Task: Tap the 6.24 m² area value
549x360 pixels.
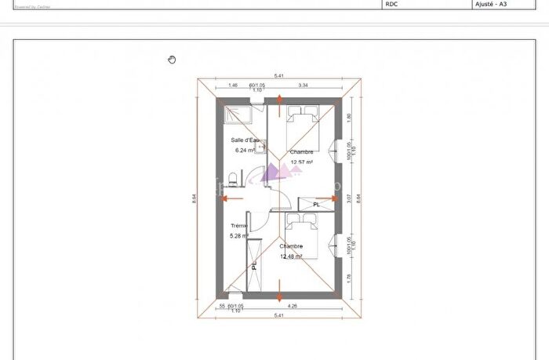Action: coord(243,151)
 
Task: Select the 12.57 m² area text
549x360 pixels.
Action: coord(302,162)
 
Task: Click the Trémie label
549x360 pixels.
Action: coord(239,226)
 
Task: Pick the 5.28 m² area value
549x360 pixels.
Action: coord(239,235)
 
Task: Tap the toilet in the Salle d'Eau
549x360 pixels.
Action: coord(234,176)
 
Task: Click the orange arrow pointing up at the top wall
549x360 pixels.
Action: coord(281,100)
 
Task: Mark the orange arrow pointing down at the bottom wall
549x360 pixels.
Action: coord(281,296)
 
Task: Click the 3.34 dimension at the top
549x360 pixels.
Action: coord(303,84)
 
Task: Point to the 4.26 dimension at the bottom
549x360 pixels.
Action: coord(292,306)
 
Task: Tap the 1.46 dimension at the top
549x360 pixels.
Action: coord(233,84)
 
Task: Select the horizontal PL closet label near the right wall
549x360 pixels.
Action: coord(316,205)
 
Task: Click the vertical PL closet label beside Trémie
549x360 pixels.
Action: coord(255,265)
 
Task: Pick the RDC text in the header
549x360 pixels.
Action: coord(392,4)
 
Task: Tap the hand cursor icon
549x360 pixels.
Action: coord(173,59)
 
